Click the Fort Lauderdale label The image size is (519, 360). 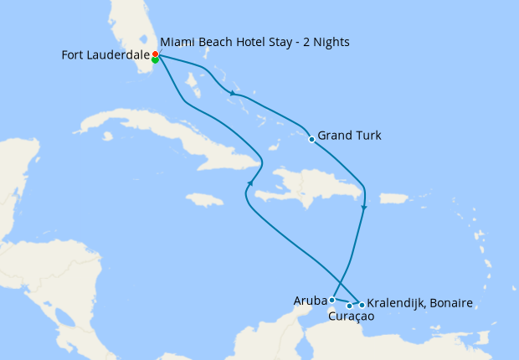coord(105,55)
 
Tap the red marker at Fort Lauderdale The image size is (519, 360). coord(155,54)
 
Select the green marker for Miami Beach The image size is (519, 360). coord(156,60)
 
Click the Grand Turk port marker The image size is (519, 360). coord(311,140)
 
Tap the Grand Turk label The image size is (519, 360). coord(350,136)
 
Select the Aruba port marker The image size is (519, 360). coord(332,300)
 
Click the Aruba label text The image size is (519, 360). coord(310,300)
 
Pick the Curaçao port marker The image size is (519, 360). coord(349,306)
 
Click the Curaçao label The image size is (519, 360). coord(351,317)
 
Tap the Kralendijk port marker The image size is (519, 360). coord(362,305)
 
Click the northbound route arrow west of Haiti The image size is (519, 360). coord(249,184)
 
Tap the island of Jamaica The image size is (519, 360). coord(204,199)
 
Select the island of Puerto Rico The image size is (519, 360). coord(393,198)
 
